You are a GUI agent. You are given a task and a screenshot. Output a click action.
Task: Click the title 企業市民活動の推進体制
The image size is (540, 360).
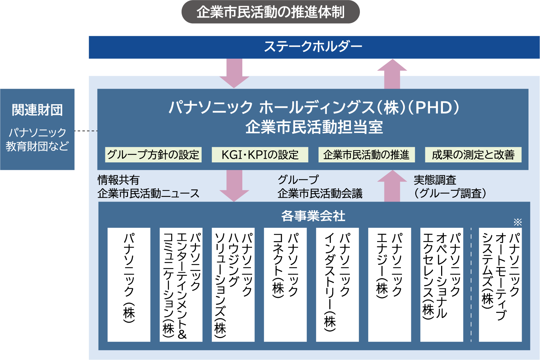270,12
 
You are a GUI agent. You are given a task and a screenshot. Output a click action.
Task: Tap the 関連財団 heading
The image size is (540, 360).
37,110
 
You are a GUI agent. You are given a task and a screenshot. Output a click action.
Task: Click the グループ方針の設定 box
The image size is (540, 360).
153,155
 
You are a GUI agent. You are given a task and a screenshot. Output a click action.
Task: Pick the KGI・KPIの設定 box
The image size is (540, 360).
260,155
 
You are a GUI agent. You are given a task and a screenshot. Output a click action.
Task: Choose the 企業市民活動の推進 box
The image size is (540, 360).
366,155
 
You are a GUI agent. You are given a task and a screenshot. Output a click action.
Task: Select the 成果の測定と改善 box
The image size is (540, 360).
473,155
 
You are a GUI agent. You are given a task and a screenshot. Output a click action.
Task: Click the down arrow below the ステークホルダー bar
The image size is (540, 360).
234,74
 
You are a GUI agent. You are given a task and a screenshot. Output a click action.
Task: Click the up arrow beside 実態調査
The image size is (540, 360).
392,186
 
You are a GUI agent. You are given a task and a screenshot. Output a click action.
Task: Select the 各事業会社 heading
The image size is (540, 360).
313,216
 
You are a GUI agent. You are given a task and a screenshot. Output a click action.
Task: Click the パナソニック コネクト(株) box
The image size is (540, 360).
285,285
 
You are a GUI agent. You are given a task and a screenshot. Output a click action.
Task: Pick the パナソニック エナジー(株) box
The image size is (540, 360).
389,285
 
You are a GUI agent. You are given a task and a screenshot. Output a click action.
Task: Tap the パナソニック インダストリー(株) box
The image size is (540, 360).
337,285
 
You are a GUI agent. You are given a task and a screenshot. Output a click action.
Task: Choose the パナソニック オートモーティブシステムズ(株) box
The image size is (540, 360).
500,285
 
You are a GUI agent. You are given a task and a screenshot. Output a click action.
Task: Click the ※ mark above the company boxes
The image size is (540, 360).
518,222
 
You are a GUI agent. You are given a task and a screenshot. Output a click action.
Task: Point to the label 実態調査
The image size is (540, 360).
435,180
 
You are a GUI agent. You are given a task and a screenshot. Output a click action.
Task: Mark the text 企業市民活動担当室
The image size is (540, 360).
314,127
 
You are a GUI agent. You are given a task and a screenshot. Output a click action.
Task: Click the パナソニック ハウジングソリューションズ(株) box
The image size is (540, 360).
233,285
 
